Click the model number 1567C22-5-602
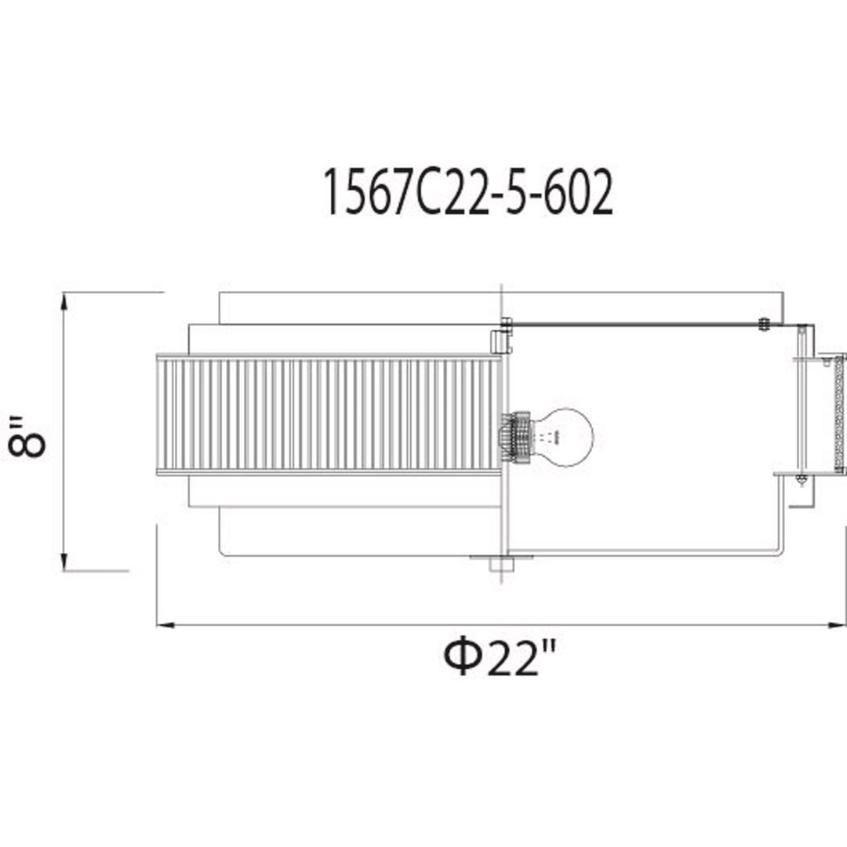[x=467, y=192]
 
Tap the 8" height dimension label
[x=26, y=437]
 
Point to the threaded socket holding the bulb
[x=516, y=437]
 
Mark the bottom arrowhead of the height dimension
[x=64, y=562]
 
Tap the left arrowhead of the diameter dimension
[x=165, y=625]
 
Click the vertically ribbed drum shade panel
[x=329, y=415]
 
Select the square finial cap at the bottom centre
[x=501, y=564]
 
